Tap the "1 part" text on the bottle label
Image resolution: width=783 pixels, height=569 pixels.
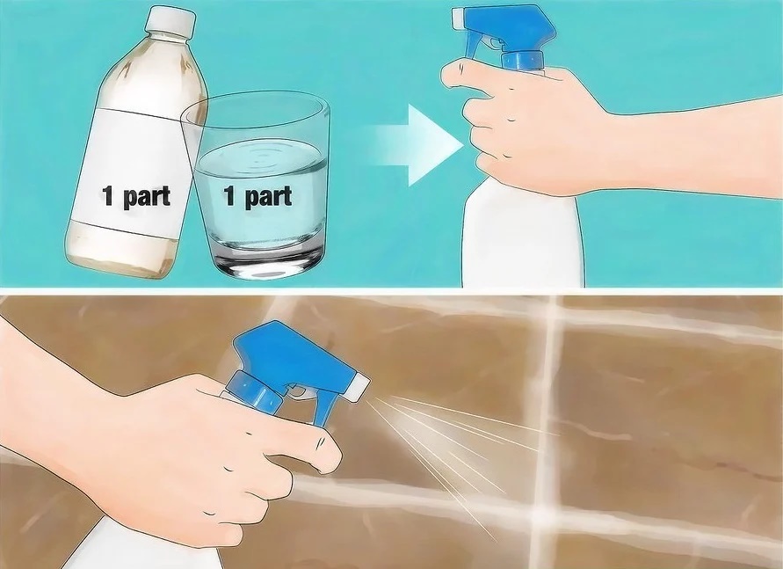pyautogui.click(x=136, y=196)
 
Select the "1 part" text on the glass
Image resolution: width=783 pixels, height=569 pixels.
pyautogui.click(x=257, y=196)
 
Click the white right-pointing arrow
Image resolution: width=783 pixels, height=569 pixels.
pyautogui.click(x=417, y=145)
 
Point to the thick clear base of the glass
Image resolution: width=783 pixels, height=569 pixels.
pyautogui.click(x=268, y=263)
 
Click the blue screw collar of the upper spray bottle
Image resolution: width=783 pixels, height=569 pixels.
pyautogui.click(x=522, y=60)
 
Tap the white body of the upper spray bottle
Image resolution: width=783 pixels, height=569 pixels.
pyautogui.click(x=522, y=235)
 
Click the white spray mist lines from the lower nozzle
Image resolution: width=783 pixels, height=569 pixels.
pyautogui.click(x=449, y=449)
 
